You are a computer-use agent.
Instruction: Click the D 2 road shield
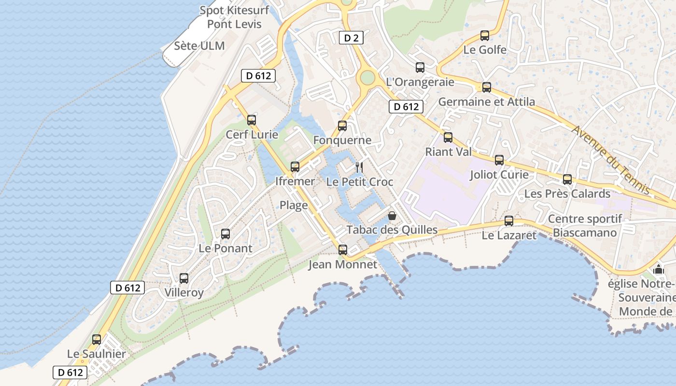[x=351, y=38]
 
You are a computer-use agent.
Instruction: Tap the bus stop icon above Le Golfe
[x=485, y=36]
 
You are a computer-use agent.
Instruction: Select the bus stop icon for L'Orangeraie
[x=420, y=68]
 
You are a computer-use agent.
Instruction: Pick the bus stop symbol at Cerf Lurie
[x=252, y=120]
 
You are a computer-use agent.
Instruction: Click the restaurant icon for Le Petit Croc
[x=359, y=167]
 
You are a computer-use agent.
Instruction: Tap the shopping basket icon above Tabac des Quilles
[x=392, y=215]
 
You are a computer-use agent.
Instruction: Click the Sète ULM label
[x=199, y=46]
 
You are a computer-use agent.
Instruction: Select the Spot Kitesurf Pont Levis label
[x=234, y=17]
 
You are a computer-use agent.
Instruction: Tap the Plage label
[x=294, y=205]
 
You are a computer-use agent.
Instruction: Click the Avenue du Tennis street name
[x=611, y=159]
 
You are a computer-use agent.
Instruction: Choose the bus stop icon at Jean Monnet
[x=343, y=250]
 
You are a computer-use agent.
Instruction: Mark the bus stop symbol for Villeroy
[x=184, y=278]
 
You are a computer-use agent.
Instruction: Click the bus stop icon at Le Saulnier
[x=97, y=340]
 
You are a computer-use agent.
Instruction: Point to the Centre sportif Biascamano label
[x=585, y=226]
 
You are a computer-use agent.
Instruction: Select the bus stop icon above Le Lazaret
[x=509, y=221]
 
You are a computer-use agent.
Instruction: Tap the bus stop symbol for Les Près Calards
[x=567, y=179]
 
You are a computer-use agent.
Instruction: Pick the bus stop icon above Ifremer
[x=295, y=167]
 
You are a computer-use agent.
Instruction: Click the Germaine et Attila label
[x=487, y=102]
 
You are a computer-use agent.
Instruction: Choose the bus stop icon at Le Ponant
[x=225, y=234]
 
